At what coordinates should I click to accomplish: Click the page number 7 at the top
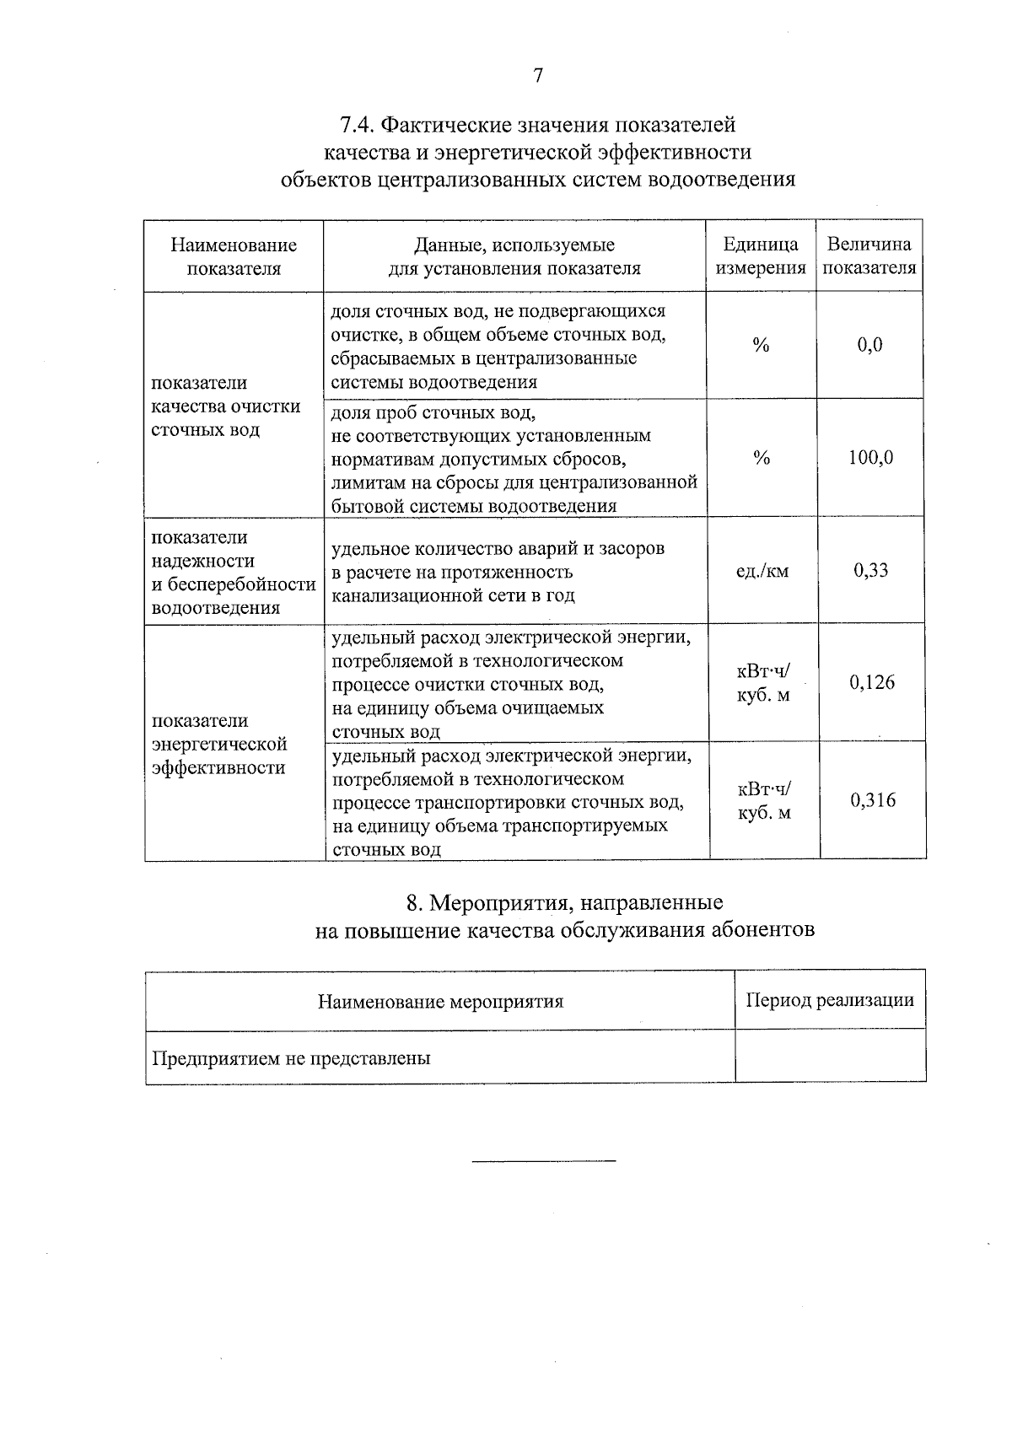(x=538, y=77)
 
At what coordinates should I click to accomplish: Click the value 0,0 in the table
(x=869, y=345)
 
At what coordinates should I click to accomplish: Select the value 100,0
(x=870, y=458)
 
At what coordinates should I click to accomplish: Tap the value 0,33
(x=870, y=571)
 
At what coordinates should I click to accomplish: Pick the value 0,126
(x=872, y=682)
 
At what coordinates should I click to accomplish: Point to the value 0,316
(x=873, y=800)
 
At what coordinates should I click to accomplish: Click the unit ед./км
(x=762, y=571)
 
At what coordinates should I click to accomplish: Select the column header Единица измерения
(x=761, y=256)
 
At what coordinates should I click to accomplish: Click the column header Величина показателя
(x=869, y=256)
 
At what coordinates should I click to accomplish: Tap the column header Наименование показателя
(x=234, y=256)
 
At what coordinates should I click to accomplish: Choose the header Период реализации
(x=830, y=1000)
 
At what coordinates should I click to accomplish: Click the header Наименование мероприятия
(x=440, y=1001)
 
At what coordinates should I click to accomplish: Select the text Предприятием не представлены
(x=291, y=1057)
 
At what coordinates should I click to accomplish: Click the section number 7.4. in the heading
(x=356, y=126)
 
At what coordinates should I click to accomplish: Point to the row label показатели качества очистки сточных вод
(x=225, y=406)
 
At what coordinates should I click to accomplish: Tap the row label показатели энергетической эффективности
(x=219, y=744)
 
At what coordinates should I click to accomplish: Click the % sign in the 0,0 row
(x=761, y=345)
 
